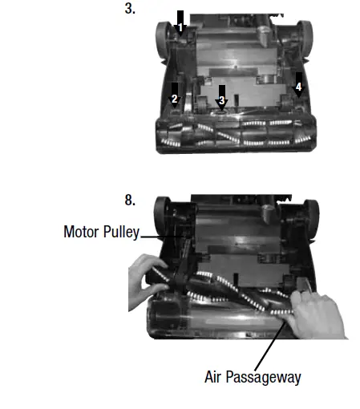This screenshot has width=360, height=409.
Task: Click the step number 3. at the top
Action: (x=130, y=10)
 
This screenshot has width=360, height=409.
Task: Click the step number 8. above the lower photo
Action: (x=130, y=200)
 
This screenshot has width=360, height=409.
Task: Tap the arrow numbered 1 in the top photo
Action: (x=180, y=22)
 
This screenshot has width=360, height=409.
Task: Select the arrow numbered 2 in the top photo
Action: (x=175, y=93)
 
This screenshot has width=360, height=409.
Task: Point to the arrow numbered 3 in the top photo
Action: (x=222, y=95)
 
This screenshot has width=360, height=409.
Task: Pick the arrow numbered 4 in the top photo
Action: (x=298, y=83)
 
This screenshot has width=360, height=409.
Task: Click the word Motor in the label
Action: (x=83, y=233)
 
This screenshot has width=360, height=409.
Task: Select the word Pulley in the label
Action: (x=121, y=233)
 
